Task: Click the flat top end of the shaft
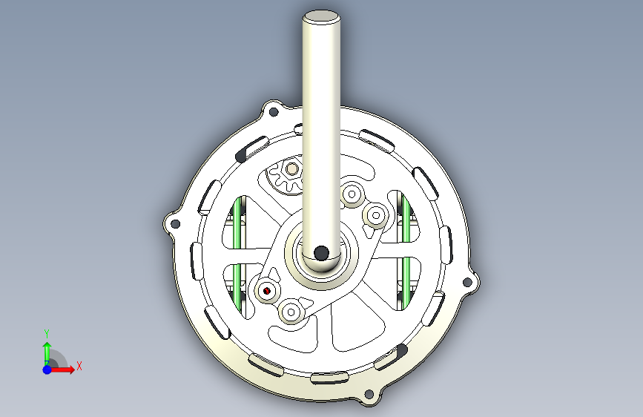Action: coord(321,18)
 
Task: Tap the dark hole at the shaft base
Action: coord(321,253)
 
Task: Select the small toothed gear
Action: coord(285,174)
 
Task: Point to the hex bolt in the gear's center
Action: coord(292,168)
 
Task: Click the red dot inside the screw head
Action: coord(267,291)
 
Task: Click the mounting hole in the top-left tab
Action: coord(273,111)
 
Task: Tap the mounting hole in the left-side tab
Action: coord(175,224)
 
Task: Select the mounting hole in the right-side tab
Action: coord(466,283)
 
